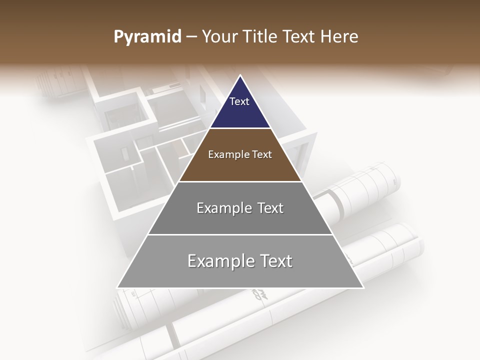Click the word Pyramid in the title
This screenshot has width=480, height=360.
147,37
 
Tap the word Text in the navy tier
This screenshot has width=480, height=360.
239,101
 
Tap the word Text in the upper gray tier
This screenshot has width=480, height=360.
270,208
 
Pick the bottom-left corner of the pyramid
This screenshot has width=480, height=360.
118,287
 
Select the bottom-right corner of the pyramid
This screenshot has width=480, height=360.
363,287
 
